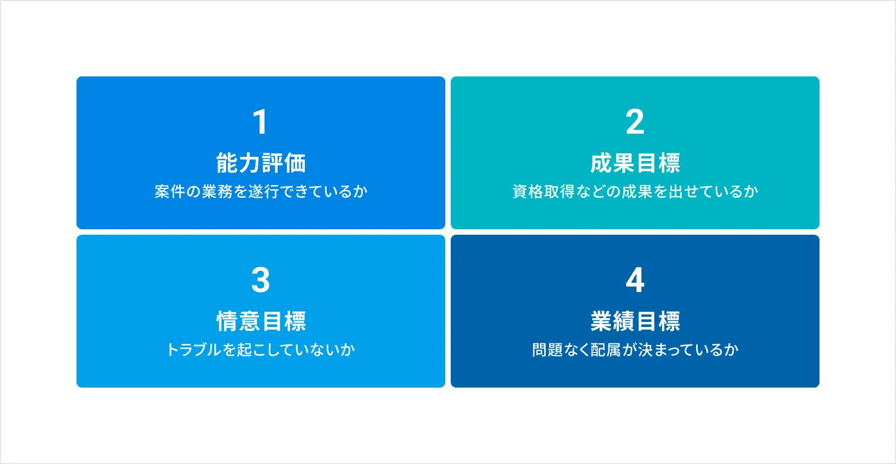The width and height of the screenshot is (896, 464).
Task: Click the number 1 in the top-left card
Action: pos(261,122)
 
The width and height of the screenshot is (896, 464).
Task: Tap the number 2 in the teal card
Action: pos(635,122)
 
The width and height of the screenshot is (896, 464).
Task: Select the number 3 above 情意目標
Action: pos(261,279)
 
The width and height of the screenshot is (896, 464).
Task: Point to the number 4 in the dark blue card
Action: pos(635,279)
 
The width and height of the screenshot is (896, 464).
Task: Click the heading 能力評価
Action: pos(261,163)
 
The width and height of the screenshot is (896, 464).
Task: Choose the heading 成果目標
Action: pos(635,163)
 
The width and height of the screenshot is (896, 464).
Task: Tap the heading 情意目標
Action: pos(261,321)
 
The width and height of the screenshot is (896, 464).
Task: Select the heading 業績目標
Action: pos(635,321)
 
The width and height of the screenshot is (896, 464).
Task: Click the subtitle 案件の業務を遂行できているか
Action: pos(261,192)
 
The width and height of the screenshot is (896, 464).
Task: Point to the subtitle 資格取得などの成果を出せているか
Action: pos(635,192)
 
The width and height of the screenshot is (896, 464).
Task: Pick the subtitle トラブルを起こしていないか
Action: pos(261,350)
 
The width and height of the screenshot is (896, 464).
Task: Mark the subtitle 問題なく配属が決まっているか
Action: pos(635,350)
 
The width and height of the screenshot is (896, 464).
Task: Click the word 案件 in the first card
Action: pos(170,192)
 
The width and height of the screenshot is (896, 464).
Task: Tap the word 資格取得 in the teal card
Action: pos(544,192)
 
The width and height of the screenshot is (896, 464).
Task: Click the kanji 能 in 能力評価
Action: pos(227,163)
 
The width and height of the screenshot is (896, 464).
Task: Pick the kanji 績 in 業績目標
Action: pos(624,321)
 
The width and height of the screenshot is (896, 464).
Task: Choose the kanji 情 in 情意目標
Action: pos(228,321)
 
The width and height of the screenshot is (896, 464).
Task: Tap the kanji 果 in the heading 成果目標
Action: pos(624,163)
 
